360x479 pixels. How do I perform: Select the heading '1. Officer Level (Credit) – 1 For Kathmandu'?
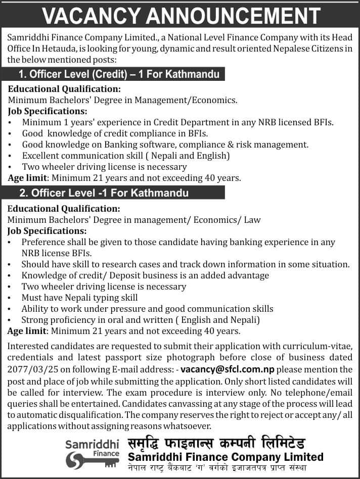(x=119, y=75)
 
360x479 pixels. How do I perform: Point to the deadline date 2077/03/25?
(x=31, y=369)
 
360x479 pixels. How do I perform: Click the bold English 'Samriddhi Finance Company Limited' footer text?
(x=225, y=457)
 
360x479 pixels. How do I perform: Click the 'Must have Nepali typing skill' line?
(x=80, y=298)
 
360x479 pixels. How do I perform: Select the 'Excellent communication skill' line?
(x=126, y=156)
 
